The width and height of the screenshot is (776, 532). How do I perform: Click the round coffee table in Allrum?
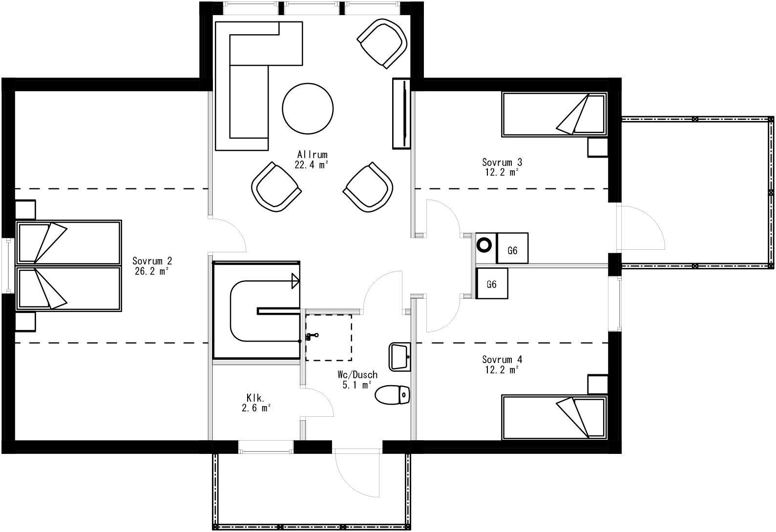click(x=308, y=108)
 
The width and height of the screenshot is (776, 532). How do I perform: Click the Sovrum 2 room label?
click(x=152, y=266)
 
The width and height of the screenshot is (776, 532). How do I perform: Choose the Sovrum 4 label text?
click(x=502, y=365)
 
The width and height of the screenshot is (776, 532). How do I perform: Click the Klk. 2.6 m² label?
click(x=256, y=403)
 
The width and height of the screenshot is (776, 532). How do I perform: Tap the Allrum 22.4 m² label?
click(x=312, y=160)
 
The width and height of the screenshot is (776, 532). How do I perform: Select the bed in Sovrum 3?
click(x=554, y=115)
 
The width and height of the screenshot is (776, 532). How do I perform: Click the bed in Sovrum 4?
click(x=554, y=418)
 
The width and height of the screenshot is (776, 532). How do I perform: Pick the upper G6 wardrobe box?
click(x=512, y=250)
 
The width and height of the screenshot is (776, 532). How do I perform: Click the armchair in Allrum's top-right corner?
click(x=382, y=43)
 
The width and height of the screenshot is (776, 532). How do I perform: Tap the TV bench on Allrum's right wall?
click(x=401, y=113)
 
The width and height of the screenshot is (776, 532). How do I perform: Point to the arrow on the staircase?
click(x=294, y=281)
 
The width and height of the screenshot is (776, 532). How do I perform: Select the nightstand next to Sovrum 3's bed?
click(x=597, y=147)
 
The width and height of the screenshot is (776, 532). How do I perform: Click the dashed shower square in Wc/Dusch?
click(x=328, y=337)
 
